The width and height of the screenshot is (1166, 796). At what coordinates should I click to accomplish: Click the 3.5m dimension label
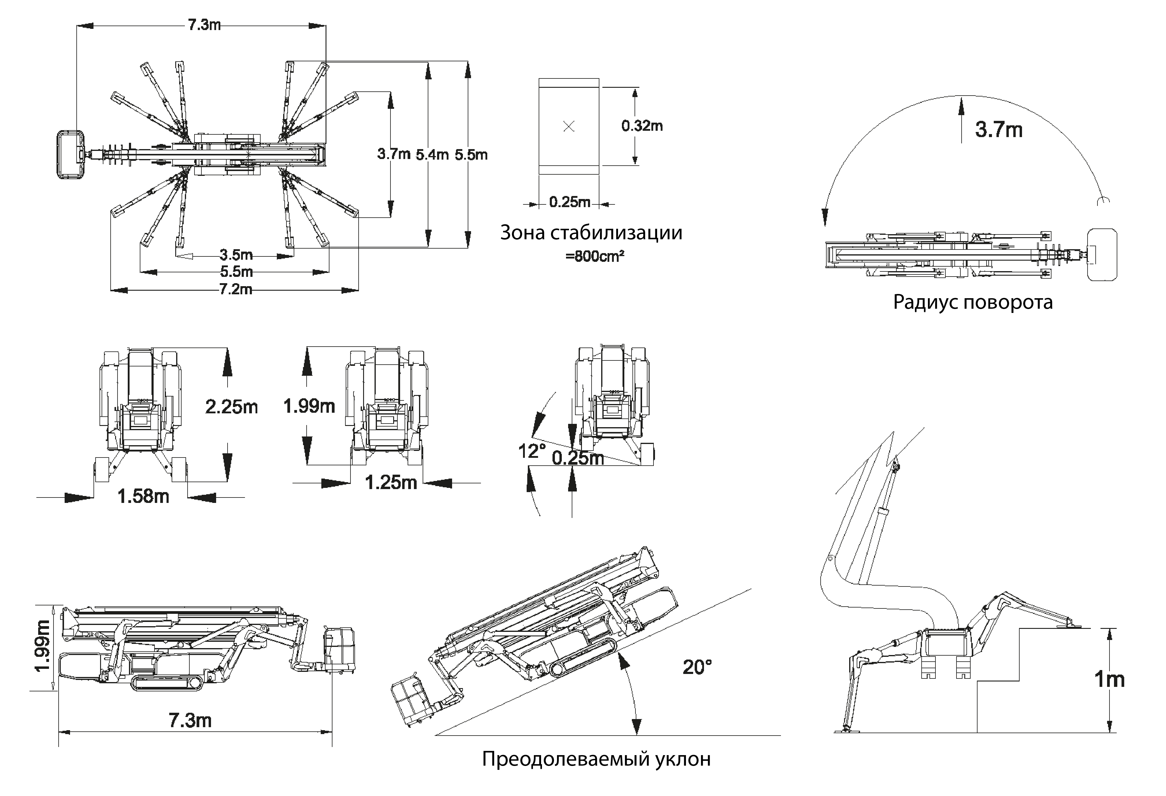tap(236, 255)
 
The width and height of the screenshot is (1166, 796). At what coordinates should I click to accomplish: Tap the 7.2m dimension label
tap(235, 289)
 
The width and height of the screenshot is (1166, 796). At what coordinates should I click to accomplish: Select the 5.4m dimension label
tap(431, 155)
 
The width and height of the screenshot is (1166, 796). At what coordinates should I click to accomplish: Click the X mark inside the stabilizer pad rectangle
tap(568, 127)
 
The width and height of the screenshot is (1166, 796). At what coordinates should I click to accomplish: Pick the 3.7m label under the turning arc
tap(999, 130)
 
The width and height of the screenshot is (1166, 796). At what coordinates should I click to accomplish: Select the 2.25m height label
tap(231, 406)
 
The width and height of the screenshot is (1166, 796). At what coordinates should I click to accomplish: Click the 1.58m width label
tap(143, 496)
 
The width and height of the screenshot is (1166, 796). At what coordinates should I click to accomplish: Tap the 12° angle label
tap(531, 451)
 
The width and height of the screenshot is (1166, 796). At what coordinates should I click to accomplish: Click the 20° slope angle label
tap(697, 667)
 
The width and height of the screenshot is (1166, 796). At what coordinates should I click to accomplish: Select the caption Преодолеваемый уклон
tap(596, 758)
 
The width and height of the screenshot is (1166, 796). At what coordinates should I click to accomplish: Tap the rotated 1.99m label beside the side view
tap(42, 646)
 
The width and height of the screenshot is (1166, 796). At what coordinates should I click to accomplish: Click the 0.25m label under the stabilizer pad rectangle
tap(569, 202)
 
